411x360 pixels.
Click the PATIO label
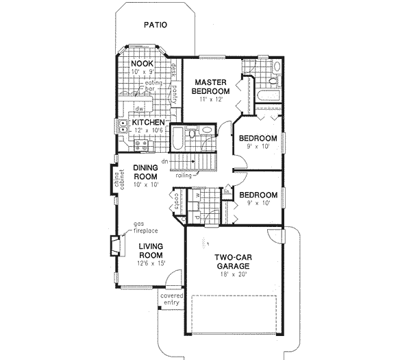click(155, 27)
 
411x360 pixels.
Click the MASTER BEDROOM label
click(210, 86)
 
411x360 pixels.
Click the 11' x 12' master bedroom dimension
click(210, 100)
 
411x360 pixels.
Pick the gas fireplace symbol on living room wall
click(114, 244)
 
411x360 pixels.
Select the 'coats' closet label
click(175, 202)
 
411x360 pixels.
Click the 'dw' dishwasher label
click(138, 108)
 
